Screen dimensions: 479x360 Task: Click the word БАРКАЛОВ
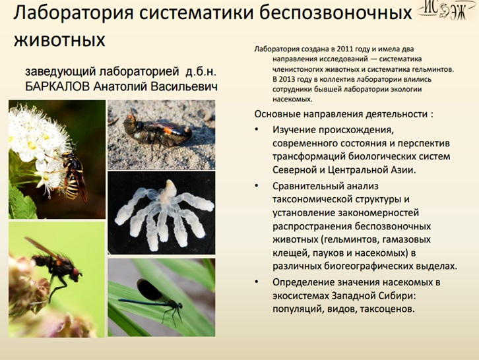[x=57, y=87]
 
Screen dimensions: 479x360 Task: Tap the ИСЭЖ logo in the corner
[x=447, y=10]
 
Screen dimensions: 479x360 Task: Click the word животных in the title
[x=59, y=40]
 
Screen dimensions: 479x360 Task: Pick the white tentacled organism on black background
[x=164, y=214]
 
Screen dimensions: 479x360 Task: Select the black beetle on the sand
[x=157, y=131]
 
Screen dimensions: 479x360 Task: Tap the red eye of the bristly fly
[x=75, y=272]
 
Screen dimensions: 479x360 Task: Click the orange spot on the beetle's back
[x=168, y=131]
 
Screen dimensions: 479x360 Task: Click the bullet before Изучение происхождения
[x=257, y=129]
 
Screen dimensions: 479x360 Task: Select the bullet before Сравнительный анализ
[x=257, y=186]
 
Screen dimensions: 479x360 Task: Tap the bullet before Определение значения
[x=257, y=282]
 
